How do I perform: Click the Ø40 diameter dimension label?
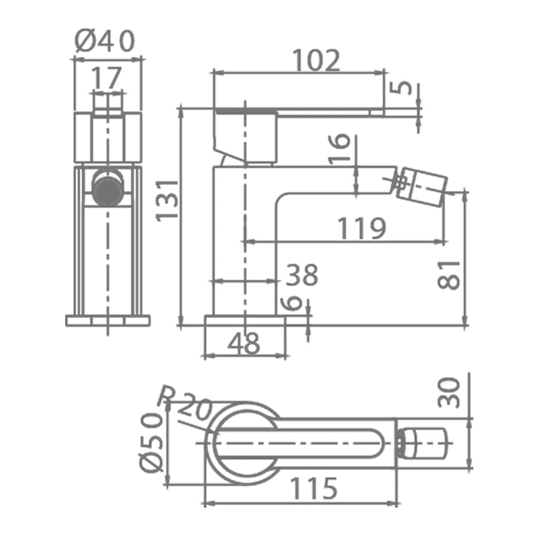coord(104,41)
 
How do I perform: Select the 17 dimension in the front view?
coord(106,77)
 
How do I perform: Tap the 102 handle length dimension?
coord(316,60)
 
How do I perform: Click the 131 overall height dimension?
coord(167,201)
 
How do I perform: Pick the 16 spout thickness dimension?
coord(339,148)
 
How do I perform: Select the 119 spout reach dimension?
coord(361,228)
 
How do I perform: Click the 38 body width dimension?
coord(302,275)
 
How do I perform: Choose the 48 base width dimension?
coord(243,343)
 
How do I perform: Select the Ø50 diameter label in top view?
coord(151,442)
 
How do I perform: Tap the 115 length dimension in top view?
coord(313,488)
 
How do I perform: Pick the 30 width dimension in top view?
coord(449,392)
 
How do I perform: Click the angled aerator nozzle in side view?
coord(421,187)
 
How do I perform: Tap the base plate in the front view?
coord(108,320)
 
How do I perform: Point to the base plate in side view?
coord(245,321)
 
